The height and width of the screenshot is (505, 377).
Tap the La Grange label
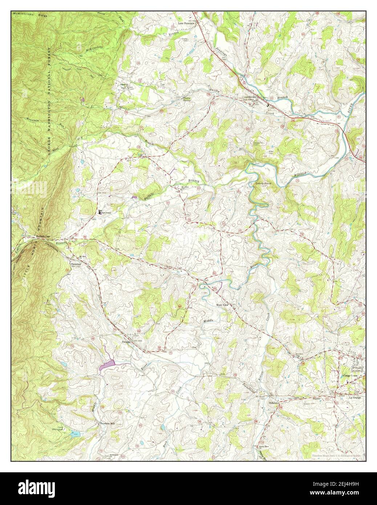click(356, 397)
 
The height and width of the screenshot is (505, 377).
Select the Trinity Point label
click(263, 184)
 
